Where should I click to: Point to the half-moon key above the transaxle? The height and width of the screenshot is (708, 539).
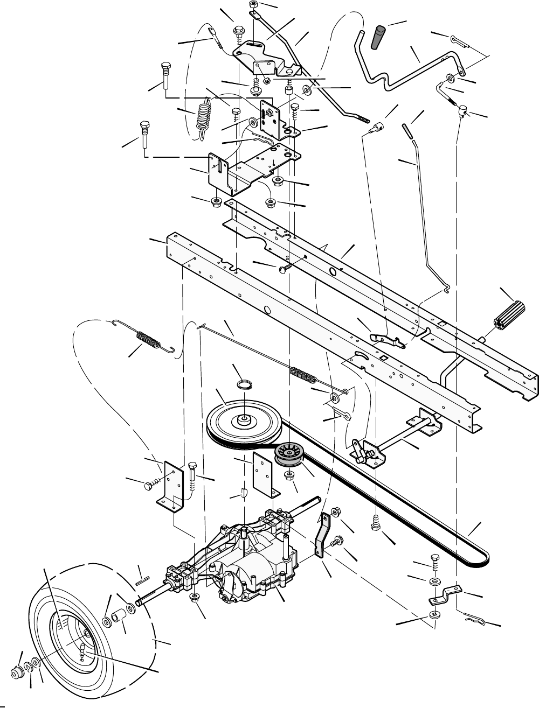click(243, 492)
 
